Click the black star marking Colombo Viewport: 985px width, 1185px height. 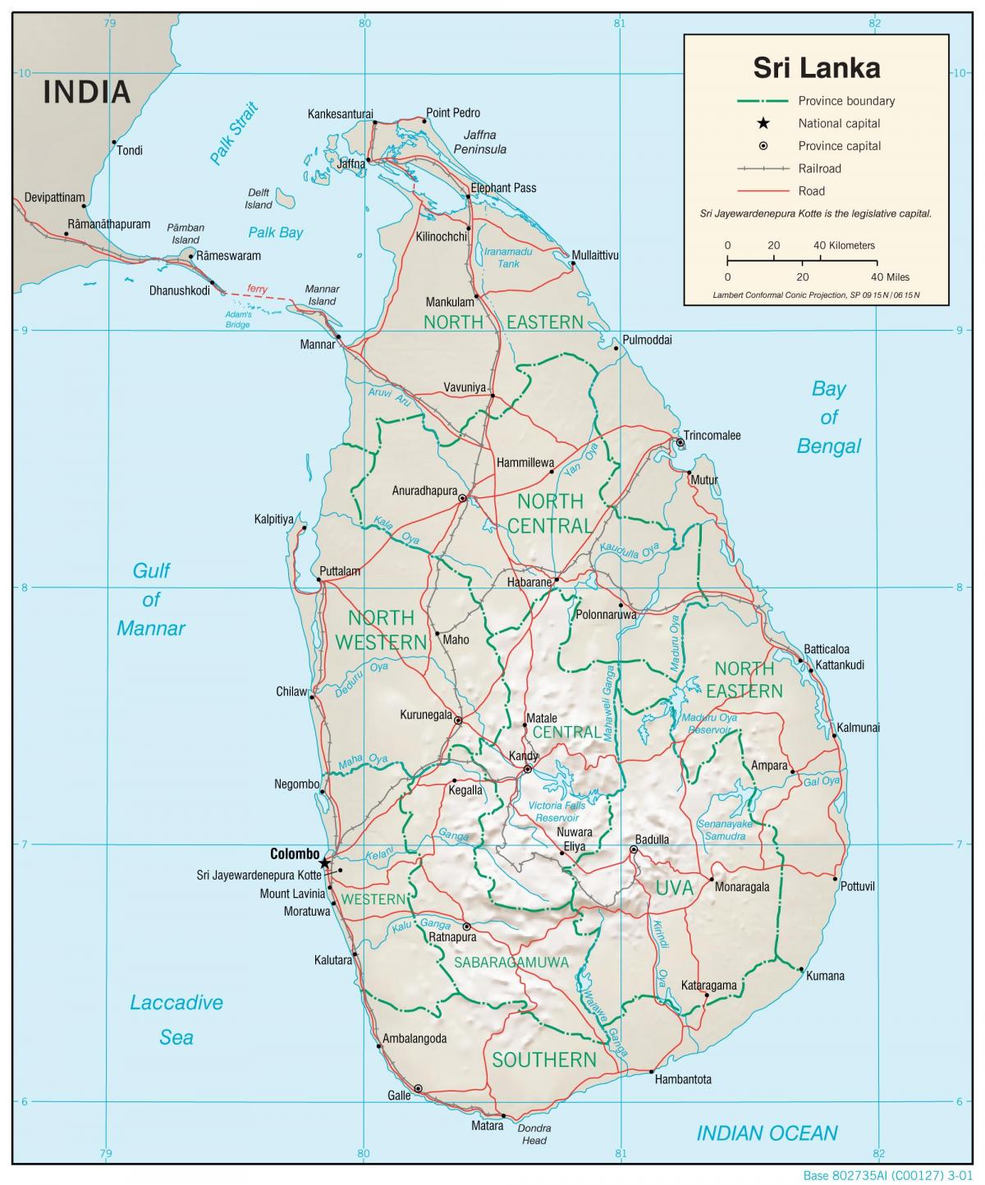click(324, 862)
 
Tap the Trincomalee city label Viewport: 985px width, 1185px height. click(712, 435)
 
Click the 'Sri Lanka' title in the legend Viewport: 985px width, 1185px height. click(816, 68)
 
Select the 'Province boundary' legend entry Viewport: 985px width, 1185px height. click(846, 101)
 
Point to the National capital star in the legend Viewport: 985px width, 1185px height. click(763, 123)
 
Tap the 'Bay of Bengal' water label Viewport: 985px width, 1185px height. click(828, 417)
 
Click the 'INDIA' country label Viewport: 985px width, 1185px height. click(87, 92)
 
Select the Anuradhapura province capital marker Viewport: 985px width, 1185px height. click(463, 498)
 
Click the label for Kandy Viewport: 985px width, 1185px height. click(524, 756)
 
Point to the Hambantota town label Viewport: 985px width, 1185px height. click(683, 1079)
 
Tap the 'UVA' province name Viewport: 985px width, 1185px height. click(675, 887)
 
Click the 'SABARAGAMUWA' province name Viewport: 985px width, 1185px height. click(511, 962)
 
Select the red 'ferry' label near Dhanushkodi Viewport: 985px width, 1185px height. click(257, 288)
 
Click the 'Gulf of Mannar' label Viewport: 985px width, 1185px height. click(151, 599)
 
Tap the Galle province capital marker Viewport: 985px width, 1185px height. click(419, 1088)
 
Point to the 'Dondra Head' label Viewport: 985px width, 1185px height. click(534, 1134)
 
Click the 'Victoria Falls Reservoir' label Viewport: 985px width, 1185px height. click(557, 812)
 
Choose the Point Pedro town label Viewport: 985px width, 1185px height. click(453, 112)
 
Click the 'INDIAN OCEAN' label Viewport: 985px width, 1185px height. click(767, 1133)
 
